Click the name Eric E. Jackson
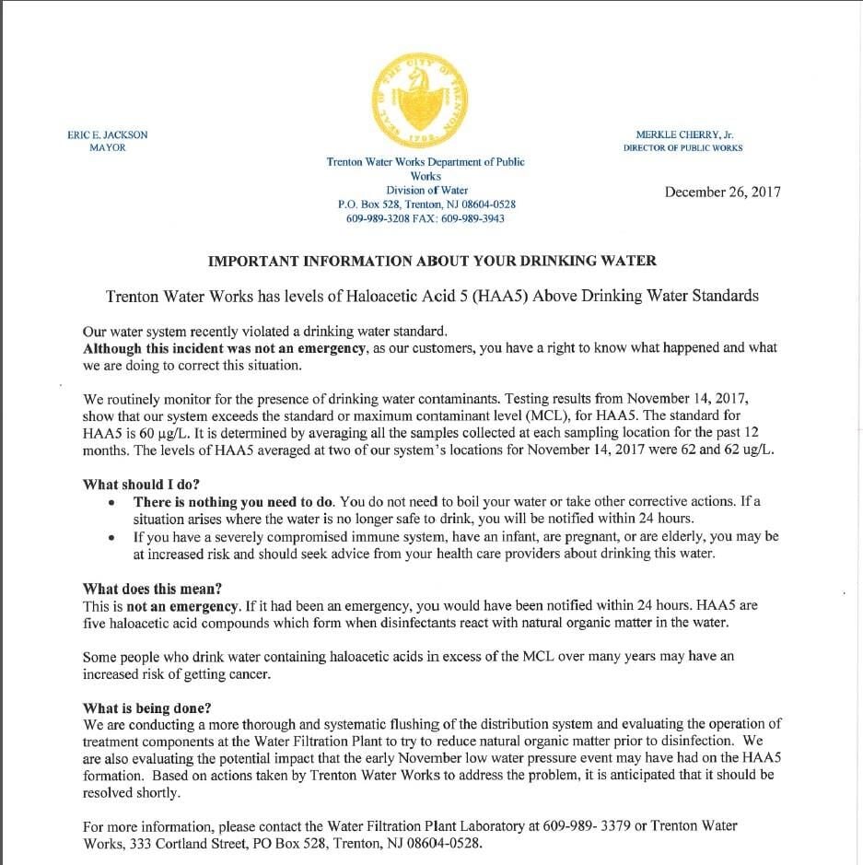tap(108, 134)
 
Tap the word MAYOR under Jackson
tap(108, 147)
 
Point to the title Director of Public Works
tap(682, 147)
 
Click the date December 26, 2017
tap(722, 192)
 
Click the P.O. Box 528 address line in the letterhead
tap(426, 205)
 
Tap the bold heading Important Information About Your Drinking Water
tap(432, 261)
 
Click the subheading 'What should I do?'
tap(141, 485)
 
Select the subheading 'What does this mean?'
tap(152, 589)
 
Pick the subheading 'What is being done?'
tap(146, 708)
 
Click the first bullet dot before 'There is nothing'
tap(112, 503)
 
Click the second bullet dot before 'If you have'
tap(112, 537)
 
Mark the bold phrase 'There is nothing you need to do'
tap(234, 502)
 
